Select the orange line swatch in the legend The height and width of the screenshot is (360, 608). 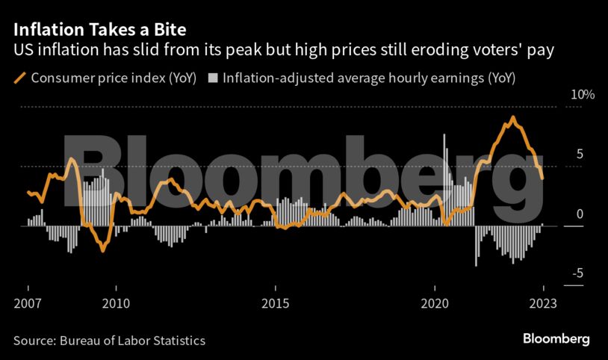click(20, 78)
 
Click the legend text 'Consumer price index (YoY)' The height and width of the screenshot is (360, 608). click(114, 78)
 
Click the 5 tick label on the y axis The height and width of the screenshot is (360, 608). click(577, 155)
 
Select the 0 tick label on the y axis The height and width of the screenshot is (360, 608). click(577, 214)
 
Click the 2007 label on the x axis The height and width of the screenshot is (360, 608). click(28, 303)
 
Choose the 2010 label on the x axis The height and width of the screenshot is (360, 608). click(115, 303)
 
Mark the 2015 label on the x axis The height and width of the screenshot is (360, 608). click(276, 303)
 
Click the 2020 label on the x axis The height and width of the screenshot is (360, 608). click(435, 303)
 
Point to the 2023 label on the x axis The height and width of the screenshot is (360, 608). click(543, 303)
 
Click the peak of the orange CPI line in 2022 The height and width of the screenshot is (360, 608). click(512, 117)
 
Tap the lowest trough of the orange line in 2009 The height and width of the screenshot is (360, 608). click(103, 251)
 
